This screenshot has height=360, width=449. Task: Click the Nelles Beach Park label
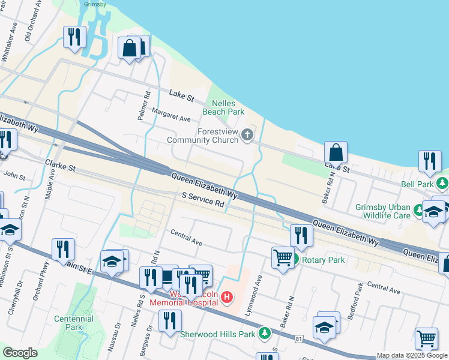tap(227, 107)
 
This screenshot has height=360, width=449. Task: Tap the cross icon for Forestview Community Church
tap(247, 136)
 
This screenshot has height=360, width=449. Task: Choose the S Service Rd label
tap(203, 200)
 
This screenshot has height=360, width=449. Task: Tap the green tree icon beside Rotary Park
tap(294, 260)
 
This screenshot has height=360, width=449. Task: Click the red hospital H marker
tap(227, 296)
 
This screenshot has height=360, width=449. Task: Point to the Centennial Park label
tap(73, 323)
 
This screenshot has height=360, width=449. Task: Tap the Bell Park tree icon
tap(442, 182)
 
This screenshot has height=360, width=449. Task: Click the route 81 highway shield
tap(298, 340)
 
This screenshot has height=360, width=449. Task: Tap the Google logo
tap(20, 353)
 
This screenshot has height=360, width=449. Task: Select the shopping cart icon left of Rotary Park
tap(282, 257)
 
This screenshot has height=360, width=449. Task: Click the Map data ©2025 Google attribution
tap(412, 355)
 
